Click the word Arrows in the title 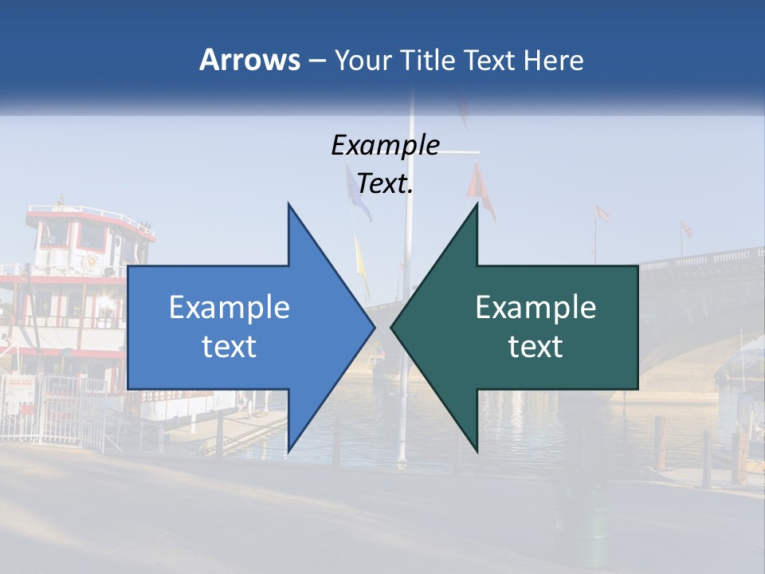click(250, 60)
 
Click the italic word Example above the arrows click(386, 146)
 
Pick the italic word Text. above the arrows click(386, 184)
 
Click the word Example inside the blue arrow click(229, 308)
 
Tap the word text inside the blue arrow click(229, 347)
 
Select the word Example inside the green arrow click(535, 308)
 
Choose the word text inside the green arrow click(535, 347)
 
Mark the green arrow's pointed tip click(392, 326)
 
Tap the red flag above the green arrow click(481, 190)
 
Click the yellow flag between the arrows click(361, 259)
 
